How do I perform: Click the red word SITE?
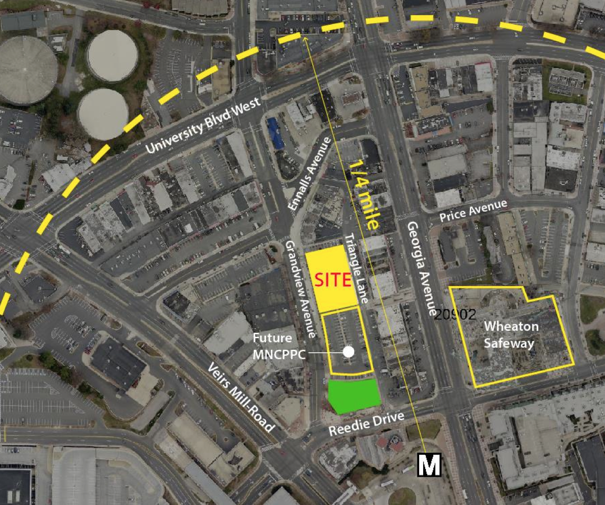coord(333,279)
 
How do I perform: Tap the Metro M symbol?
coord(429,465)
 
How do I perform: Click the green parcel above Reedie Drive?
coord(354,395)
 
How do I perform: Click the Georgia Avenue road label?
coord(421,268)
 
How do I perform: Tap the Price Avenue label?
coord(473,211)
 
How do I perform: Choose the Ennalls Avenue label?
coord(309,174)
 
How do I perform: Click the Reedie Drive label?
coord(366,424)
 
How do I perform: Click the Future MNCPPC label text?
coord(272,346)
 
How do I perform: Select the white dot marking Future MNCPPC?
coord(348,352)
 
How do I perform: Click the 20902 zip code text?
coord(454,314)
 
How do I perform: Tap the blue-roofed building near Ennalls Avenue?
coord(275,133)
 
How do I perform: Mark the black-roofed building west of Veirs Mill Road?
coord(118,363)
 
